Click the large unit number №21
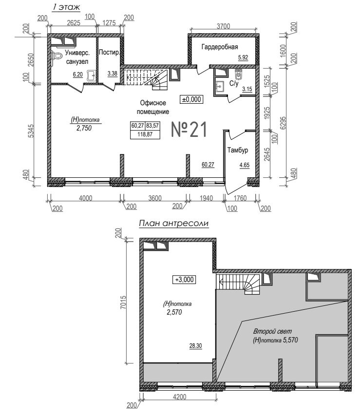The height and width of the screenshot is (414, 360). point(189,130)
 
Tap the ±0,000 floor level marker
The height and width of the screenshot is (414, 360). point(191,99)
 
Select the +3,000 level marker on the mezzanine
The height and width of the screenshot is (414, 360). point(184,280)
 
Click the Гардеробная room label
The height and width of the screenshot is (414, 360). point(220,47)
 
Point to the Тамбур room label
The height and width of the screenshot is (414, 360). point(238,150)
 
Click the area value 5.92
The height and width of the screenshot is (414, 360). point(243,57)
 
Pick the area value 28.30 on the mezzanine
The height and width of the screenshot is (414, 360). point(195,346)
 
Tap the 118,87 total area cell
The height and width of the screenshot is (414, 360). point(145,134)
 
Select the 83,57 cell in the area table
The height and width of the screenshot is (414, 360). point(152,126)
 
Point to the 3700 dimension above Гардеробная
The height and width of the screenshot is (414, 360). point(223,26)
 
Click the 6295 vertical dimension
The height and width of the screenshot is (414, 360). point(283,123)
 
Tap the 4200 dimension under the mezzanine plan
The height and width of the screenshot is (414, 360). point(179,397)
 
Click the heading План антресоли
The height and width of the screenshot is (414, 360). point(174,224)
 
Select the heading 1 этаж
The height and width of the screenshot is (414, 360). point(66,7)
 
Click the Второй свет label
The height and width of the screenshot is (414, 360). point(273,331)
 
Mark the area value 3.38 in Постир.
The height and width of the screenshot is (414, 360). point(113,74)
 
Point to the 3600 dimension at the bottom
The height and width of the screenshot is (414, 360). point(155,198)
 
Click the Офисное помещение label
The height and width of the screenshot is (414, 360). point(153,107)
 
